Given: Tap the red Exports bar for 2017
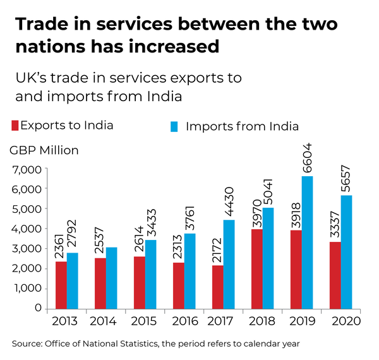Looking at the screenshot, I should [218, 287].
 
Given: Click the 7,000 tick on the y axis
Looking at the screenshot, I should [26, 169].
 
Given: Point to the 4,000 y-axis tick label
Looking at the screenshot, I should [26, 229].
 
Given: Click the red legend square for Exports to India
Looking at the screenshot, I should [14, 125].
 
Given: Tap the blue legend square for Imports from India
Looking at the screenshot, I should [174, 126].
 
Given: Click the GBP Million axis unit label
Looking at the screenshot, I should [44, 150].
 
